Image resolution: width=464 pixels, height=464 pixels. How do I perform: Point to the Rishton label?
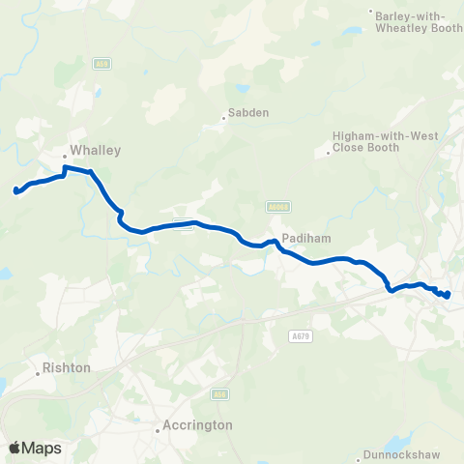67,368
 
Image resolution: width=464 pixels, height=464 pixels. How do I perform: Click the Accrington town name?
199,424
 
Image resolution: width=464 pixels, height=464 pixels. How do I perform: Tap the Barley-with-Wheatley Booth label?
418,19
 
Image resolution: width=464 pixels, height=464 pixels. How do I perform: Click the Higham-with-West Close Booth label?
385,144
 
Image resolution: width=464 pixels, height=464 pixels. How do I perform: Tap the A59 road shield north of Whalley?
101,64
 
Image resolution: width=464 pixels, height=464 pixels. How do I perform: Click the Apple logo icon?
14,448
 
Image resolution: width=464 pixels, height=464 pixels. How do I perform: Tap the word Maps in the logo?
42,448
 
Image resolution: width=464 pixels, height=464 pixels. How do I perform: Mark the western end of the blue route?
15,190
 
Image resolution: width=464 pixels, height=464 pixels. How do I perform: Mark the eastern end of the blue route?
448,295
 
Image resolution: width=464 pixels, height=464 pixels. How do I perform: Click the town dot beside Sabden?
224,119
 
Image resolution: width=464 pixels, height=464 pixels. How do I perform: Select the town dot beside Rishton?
40,368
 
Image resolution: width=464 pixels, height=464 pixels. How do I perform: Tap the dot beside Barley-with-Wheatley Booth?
372,13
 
